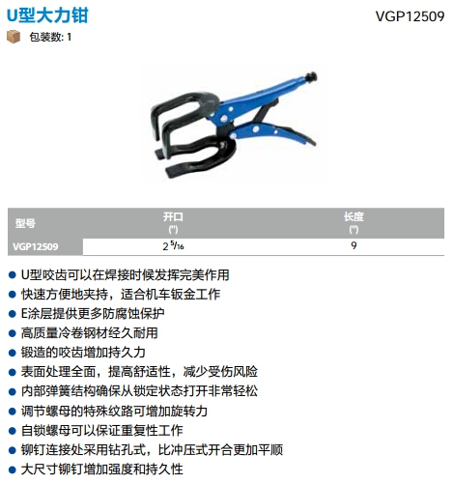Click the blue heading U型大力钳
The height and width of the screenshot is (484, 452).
coord(47,15)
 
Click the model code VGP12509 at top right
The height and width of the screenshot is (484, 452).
coord(410,16)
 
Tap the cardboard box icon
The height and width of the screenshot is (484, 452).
coord(14,37)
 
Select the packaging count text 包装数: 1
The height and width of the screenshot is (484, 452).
coord(50,37)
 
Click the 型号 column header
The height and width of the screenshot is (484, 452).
coord(25,223)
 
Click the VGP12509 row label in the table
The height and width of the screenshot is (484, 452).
coord(36,246)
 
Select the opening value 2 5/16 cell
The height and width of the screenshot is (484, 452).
coord(173,246)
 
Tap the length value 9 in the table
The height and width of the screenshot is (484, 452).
coord(353,245)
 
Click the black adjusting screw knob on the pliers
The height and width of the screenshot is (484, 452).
coord(312,76)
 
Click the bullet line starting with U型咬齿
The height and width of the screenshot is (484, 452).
coord(125,275)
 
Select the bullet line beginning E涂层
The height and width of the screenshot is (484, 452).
coord(93,314)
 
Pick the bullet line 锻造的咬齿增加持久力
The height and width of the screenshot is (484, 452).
coord(83,353)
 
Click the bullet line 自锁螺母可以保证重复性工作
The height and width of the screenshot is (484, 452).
coord(102,431)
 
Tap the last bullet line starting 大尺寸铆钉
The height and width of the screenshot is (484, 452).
coord(102,470)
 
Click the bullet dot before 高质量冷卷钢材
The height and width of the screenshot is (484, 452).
coord(13,333)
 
